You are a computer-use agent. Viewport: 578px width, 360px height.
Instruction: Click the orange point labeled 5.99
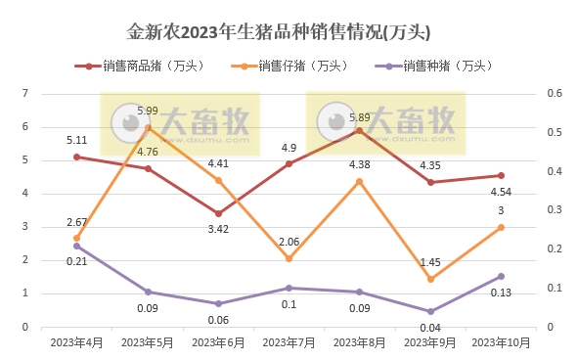coord(148,127)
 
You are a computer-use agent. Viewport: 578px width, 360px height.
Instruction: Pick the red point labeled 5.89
coord(360,130)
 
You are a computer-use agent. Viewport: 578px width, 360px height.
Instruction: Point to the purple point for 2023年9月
coord(430,312)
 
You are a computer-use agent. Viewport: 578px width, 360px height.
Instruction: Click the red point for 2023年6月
coord(218,213)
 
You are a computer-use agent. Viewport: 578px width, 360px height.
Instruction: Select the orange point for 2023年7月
coord(289,258)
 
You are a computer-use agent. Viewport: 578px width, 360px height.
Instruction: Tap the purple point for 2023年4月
coord(76,246)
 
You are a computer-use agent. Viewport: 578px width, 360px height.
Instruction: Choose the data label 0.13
coord(502,292)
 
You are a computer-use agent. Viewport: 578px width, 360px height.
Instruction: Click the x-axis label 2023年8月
coord(360,342)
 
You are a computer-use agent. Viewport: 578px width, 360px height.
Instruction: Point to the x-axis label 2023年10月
coord(502,342)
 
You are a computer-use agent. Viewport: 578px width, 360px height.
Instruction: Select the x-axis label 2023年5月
coord(148,342)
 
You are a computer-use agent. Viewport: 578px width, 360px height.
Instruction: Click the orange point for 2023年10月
coord(502,227)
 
